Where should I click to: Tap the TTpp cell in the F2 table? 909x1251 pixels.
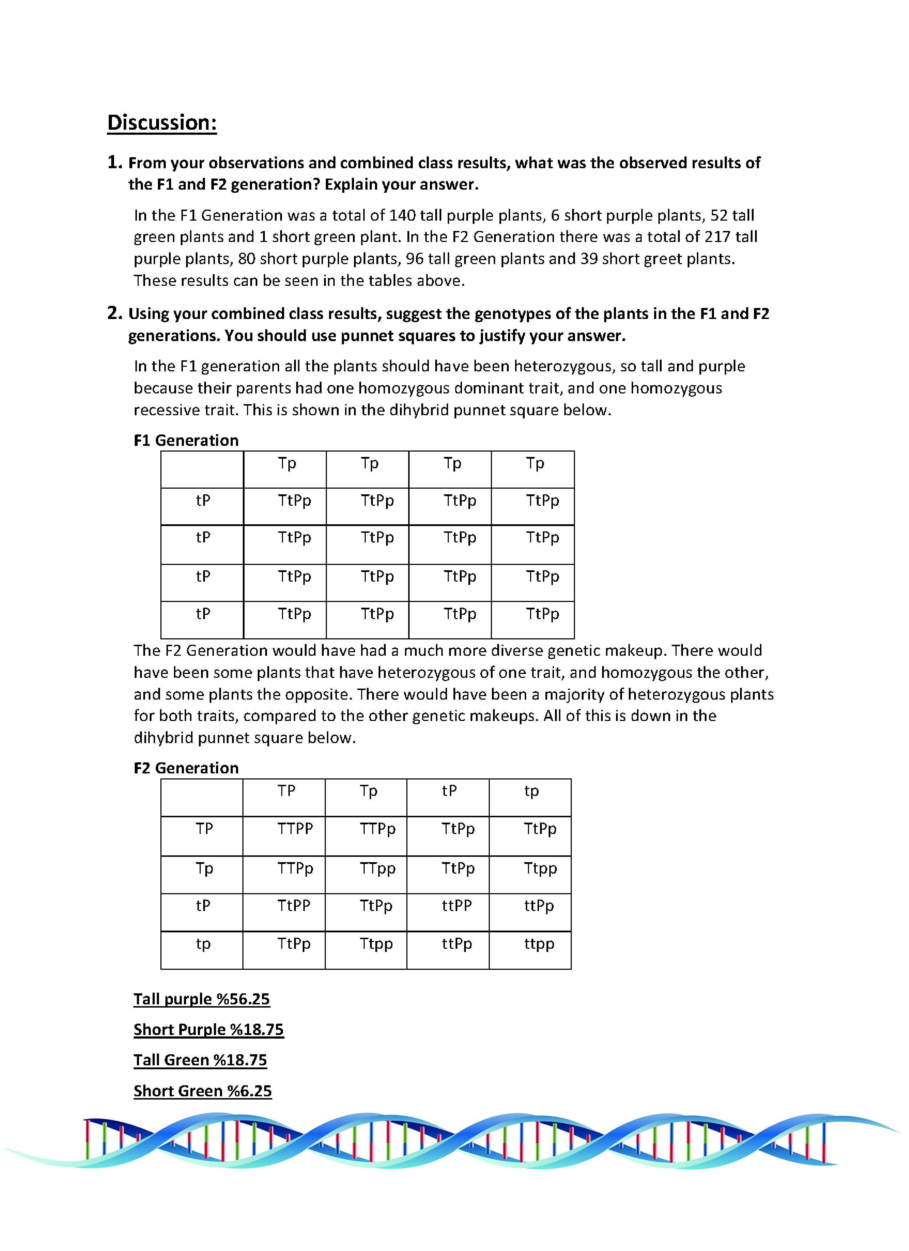(377, 868)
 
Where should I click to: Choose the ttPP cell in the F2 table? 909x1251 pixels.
(457, 905)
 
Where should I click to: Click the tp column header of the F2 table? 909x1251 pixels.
(531, 791)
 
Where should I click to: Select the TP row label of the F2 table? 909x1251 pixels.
(204, 829)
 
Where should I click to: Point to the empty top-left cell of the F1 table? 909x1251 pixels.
(202, 469)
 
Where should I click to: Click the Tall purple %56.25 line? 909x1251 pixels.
(201, 999)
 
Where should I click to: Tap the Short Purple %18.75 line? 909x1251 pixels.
(209, 1029)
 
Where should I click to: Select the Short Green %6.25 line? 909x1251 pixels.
(202, 1091)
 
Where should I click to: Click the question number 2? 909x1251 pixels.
(114, 313)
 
